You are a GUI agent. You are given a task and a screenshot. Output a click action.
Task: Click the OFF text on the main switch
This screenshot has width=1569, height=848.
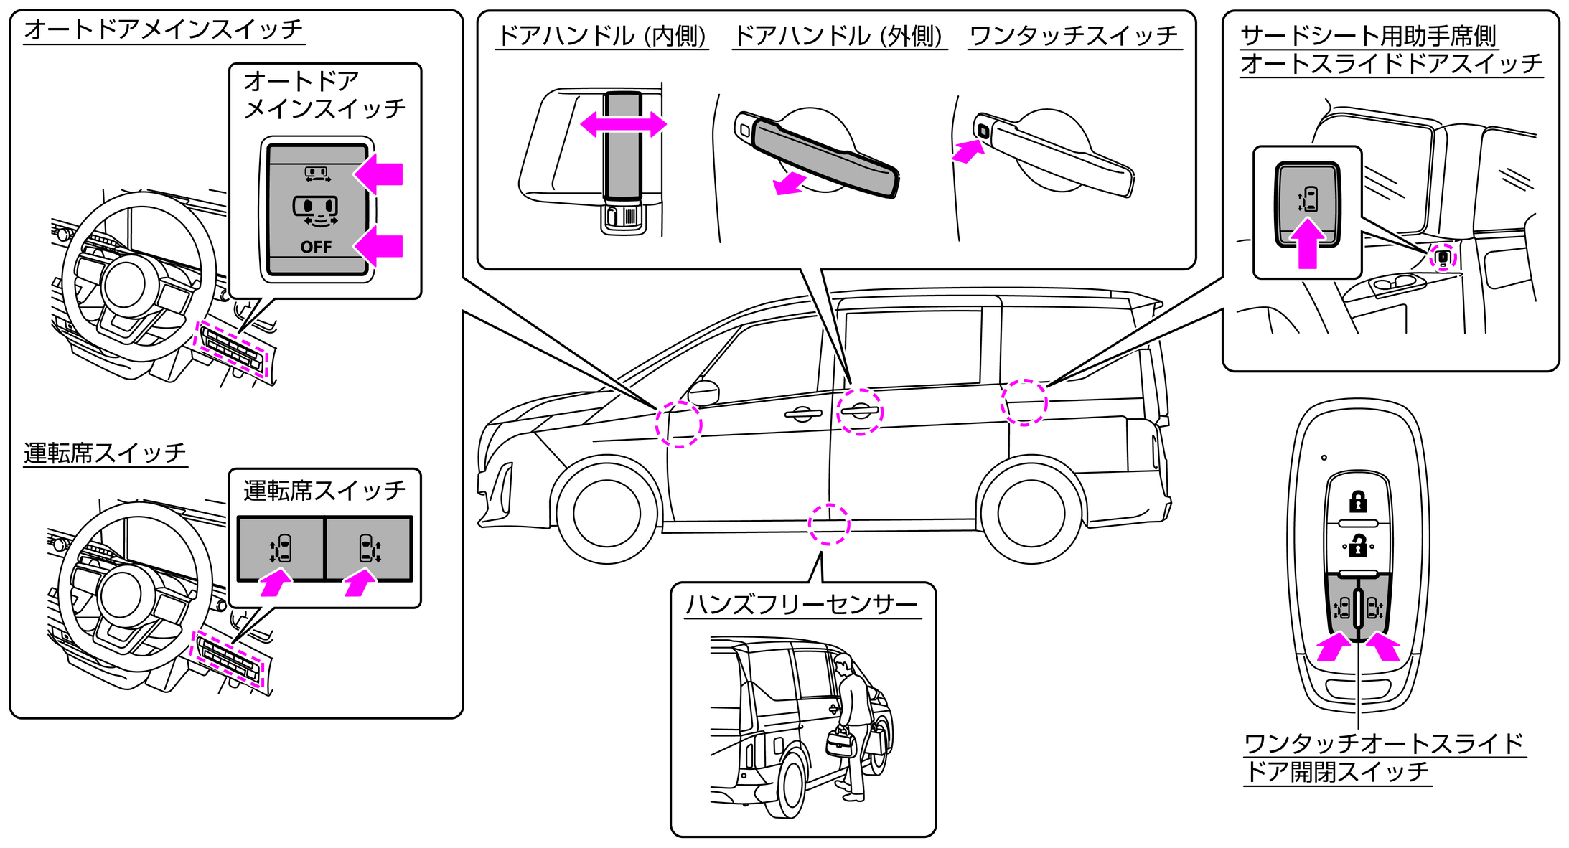tap(316, 247)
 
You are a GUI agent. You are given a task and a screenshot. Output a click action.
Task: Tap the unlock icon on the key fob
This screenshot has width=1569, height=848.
tap(1357, 546)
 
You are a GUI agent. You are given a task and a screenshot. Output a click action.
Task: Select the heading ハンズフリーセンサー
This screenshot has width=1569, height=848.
tap(802, 605)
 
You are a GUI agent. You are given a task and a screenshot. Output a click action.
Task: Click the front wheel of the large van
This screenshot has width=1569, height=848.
tap(606, 513)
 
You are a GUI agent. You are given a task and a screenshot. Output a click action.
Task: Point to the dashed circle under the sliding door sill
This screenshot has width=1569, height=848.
tap(829, 524)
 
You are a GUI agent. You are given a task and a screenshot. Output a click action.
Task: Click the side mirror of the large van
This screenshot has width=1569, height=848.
tap(703, 392)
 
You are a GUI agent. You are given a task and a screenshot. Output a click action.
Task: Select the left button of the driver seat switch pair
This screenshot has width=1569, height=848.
tap(281, 549)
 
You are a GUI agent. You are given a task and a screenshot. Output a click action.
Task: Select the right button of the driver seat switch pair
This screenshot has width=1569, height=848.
tap(369, 549)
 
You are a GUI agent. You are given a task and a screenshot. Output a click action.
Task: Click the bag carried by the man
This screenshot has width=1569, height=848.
tap(841, 743)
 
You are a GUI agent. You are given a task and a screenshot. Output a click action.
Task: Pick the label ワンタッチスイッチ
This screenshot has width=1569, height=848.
tap(1073, 35)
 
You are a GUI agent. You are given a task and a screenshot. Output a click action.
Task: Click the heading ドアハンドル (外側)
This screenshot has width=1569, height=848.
tap(838, 35)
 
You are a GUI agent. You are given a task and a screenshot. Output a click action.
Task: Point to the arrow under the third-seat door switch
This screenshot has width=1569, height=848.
tap(1307, 244)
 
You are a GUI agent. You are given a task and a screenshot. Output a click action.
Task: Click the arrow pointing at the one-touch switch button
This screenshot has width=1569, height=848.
tap(968, 151)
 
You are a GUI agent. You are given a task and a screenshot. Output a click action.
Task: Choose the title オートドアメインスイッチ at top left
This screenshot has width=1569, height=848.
tap(164, 30)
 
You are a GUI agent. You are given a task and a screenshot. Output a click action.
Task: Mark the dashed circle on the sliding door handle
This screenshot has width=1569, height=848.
tap(859, 411)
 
